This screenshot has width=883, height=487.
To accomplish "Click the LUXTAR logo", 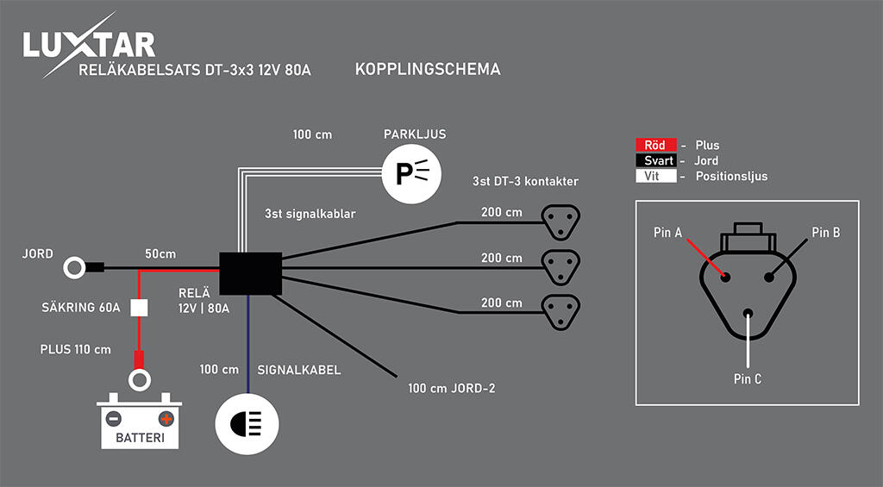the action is pos(89,45).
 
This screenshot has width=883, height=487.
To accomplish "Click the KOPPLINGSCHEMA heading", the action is pos(428,69).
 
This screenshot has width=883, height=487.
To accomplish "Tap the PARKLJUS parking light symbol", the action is pos(411,174).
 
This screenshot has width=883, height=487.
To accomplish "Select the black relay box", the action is pos(250,273).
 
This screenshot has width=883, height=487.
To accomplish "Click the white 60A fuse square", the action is pos(139,308).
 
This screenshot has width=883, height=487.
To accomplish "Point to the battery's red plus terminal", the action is pos(166,419).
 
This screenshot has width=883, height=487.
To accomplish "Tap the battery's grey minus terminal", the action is pos(114,419).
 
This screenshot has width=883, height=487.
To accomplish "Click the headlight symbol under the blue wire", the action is pos(247,424).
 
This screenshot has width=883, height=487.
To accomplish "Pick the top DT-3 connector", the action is pos(560,222).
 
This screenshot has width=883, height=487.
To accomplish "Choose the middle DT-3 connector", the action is pos(560,266).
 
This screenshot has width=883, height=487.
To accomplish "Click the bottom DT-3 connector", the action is pos(560,311).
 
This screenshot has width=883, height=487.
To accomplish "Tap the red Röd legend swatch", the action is pos(656,146).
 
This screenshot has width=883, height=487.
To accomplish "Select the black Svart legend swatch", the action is pos(656,160).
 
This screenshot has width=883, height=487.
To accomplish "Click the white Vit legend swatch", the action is pos(656,176).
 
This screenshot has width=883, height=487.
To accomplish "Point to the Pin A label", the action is pos(668,233).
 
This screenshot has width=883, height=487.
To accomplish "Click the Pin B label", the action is pos(825,233).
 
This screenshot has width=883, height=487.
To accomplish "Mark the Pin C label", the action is pos(748,379).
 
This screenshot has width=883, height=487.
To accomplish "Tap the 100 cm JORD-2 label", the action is pos(452,388).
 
